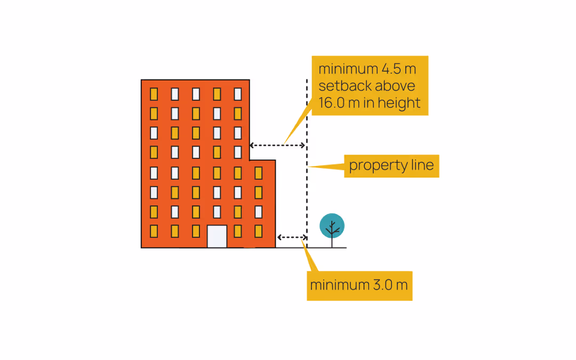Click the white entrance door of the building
click(217, 236)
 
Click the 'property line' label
click(391, 166)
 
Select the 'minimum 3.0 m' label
click(359, 285)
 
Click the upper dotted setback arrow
click(277, 145)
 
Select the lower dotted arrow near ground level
click(292, 237)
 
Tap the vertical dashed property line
click(307, 187)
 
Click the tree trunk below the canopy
click(332, 241)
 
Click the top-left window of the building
click(154, 94)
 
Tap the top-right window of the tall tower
click(238, 94)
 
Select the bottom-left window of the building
click(154, 231)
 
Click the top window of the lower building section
click(259, 173)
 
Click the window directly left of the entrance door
click(196, 231)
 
